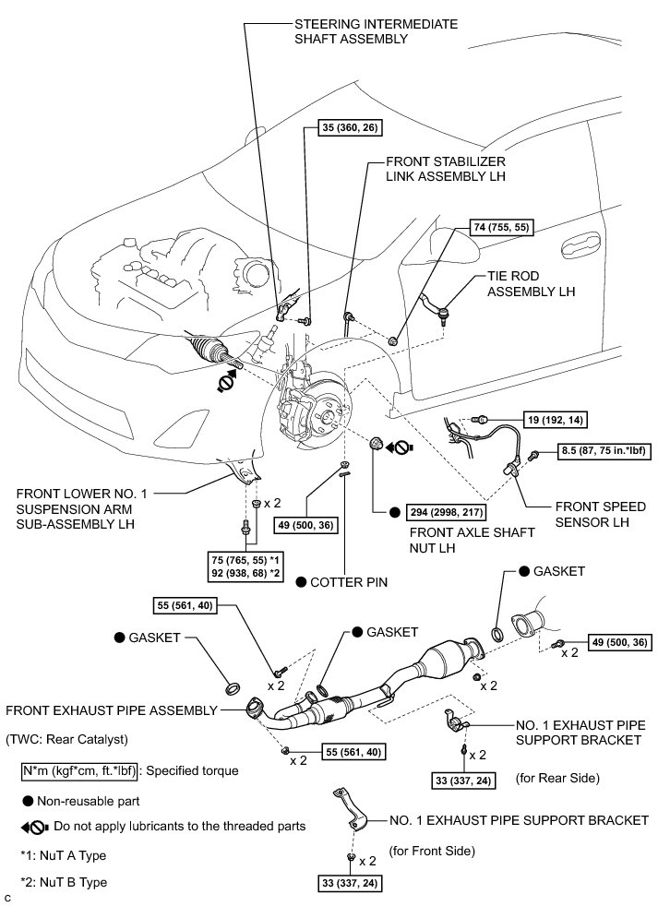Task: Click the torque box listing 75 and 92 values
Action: (246, 567)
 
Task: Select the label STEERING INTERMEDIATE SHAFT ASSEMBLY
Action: (376, 31)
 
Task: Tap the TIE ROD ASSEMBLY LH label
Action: (531, 284)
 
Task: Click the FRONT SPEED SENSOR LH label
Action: (600, 514)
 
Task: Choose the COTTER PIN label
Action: (349, 582)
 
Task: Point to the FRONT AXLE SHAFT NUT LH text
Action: (472, 540)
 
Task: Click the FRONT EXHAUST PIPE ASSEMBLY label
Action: (112, 710)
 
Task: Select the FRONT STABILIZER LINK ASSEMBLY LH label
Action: (446, 169)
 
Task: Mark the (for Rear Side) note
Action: (557, 778)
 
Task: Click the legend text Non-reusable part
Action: (89, 802)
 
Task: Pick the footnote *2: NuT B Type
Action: (64, 882)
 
